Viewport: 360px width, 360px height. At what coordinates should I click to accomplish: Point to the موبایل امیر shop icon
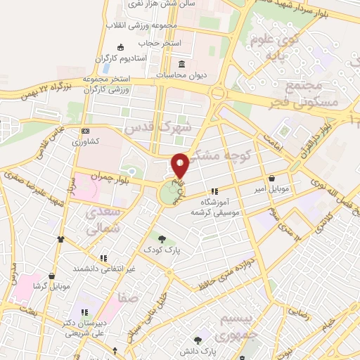[272, 178]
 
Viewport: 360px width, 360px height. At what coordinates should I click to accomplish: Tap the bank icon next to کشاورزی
[85, 131]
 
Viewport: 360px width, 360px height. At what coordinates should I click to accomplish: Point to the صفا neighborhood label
[127, 298]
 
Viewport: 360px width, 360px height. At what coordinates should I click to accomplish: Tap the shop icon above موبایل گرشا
[60, 276]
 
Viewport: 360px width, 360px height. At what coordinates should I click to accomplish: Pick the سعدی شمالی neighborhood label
[103, 221]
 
